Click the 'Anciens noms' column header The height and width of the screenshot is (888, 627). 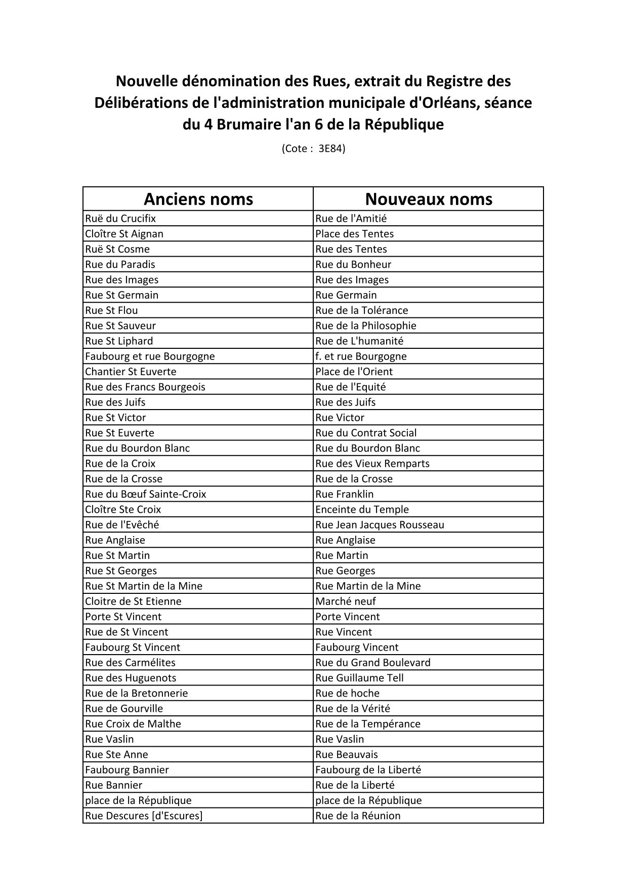pos(198,199)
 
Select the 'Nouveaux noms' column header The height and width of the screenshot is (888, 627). pos(428,199)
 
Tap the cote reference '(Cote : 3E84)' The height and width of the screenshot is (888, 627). pos(313,148)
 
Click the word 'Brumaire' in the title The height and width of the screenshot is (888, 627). pos(247,125)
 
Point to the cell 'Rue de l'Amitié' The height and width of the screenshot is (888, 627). pos(351,219)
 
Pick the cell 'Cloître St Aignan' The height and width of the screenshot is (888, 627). pos(124,234)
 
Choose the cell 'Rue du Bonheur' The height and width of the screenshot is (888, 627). pos(353,264)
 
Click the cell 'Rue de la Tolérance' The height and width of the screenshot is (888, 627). pos(361,310)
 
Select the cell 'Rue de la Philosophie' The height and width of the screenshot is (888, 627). pos(365,326)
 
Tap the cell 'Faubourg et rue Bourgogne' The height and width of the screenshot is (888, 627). pos(150,356)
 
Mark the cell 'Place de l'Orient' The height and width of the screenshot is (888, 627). pos(354,372)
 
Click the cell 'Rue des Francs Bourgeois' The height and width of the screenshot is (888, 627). pos(145,387)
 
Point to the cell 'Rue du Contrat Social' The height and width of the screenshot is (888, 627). pos(366,433)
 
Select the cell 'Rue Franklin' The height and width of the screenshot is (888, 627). pos(344,494)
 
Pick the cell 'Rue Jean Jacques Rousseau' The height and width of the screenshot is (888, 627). pos(380,524)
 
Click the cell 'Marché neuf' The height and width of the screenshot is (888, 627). pos(346,601)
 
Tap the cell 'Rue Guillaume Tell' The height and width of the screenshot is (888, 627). pos(359,678)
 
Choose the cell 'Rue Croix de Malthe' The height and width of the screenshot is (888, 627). pos(133,724)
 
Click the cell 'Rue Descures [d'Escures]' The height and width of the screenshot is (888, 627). pos(144,816)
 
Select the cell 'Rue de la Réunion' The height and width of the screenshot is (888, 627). pos(358,816)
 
